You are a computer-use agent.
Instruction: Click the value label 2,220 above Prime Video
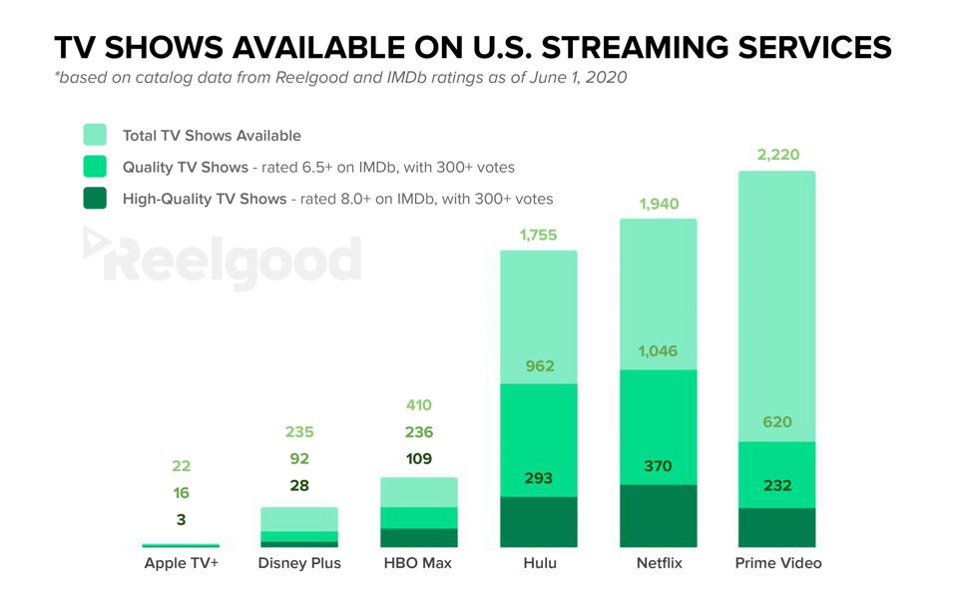click(x=777, y=155)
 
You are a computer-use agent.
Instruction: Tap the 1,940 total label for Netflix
click(x=658, y=204)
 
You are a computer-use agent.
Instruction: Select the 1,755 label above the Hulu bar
click(x=538, y=236)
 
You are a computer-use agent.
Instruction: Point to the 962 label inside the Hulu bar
click(x=539, y=366)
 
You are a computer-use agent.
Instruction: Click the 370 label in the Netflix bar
click(x=659, y=465)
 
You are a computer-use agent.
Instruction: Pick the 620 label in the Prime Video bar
click(x=777, y=422)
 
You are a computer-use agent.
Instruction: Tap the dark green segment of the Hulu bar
click(x=539, y=522)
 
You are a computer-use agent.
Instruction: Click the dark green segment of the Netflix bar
click(x=659, y=516)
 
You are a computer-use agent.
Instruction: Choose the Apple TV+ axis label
click(x=181, y=563)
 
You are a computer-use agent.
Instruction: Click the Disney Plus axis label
click(x=299, y=563)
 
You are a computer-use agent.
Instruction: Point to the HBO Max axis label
click(x=418, y=563)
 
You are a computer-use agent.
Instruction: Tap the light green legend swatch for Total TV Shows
click(x=95, y=135)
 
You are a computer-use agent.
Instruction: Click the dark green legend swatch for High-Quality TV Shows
click(x=95, y=198)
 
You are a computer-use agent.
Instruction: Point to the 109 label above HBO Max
click(x=419, y=459)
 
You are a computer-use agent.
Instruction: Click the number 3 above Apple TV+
click(x=181, y=519)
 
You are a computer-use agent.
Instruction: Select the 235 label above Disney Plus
click(x=299, y=432)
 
